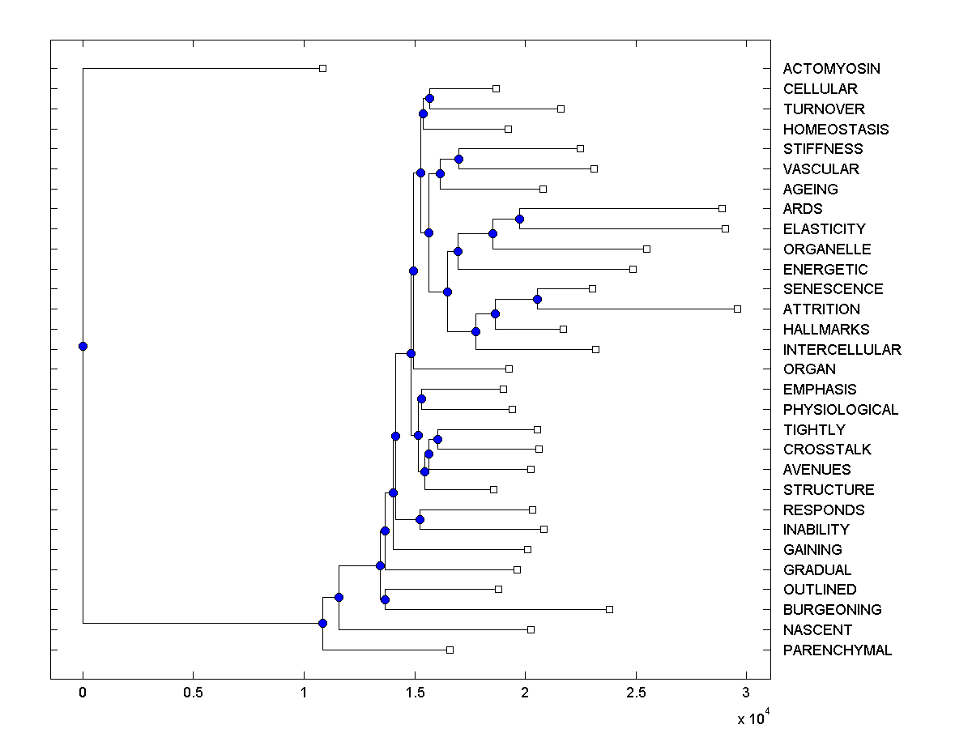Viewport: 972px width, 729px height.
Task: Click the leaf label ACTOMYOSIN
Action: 831,69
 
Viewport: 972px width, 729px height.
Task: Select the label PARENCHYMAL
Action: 837,650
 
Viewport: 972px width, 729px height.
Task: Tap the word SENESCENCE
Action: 833,289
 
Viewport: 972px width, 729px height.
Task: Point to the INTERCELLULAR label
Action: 842,350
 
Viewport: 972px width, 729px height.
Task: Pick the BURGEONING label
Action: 832,610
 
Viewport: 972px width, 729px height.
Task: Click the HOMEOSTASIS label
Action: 835,130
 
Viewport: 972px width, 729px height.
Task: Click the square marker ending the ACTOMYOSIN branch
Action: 322,68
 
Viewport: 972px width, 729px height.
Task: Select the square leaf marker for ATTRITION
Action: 737,309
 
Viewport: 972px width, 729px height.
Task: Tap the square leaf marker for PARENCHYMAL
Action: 450,650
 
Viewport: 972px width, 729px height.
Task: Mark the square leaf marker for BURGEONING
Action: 609,609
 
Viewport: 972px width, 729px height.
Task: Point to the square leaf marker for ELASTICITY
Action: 725,228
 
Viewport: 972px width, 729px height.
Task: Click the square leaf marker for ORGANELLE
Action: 646,249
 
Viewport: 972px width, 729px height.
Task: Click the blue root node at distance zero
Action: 83,346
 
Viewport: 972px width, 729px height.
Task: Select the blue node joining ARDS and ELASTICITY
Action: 519,219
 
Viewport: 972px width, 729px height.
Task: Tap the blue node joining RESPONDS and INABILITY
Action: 420,519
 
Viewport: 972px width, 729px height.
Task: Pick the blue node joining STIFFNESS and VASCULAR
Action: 458,159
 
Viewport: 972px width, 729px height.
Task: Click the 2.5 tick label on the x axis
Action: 636,693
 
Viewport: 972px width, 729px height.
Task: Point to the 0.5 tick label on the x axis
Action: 193,693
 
